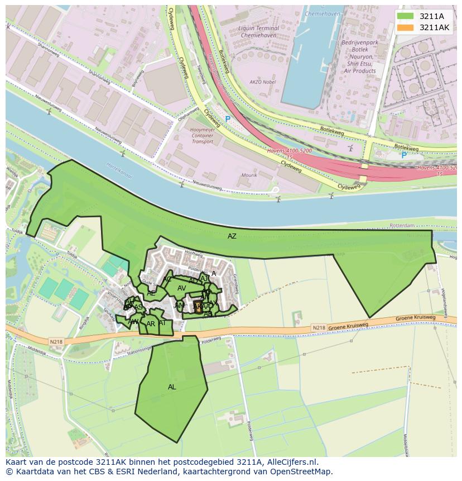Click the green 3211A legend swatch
[406, 16]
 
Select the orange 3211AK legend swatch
[406, 27]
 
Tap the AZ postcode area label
[232, 236]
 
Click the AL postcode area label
[172, 387]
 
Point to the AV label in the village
[181, 288]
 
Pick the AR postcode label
[151, 324]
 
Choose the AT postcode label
[162, 323]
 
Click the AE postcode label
[151, 293]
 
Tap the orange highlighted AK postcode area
[197, 306]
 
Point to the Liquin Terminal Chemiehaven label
[258, 31]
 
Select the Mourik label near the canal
[249, 175]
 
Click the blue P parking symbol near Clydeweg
[228, 120]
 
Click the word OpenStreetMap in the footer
[302, 472]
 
